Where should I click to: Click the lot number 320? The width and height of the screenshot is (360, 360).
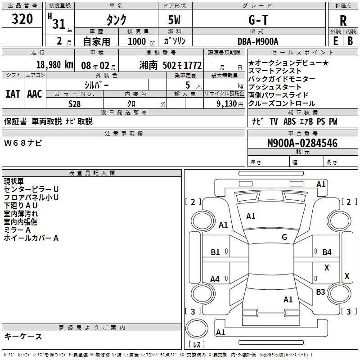click(22, 19)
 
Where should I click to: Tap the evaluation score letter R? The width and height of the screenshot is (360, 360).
click(343, 21)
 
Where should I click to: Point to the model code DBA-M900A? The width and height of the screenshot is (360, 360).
click(258, 41)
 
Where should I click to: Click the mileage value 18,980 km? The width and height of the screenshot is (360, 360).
click(54, 64)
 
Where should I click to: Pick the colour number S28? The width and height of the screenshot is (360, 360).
click(75, 103)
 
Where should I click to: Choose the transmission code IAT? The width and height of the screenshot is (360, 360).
click(13, 94)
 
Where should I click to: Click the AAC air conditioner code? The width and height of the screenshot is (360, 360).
click(35, 94)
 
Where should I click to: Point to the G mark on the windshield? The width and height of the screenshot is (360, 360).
click(284, 237)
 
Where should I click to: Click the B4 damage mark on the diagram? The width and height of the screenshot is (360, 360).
click(327, 252)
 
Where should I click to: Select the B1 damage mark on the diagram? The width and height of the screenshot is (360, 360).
click(216, 252)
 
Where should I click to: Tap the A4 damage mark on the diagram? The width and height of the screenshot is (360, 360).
click(215, 279)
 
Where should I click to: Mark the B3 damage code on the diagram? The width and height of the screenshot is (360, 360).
click(320, 292)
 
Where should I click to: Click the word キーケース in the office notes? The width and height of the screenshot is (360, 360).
click(23, 336)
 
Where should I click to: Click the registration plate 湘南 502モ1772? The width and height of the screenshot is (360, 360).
click(171, 65)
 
